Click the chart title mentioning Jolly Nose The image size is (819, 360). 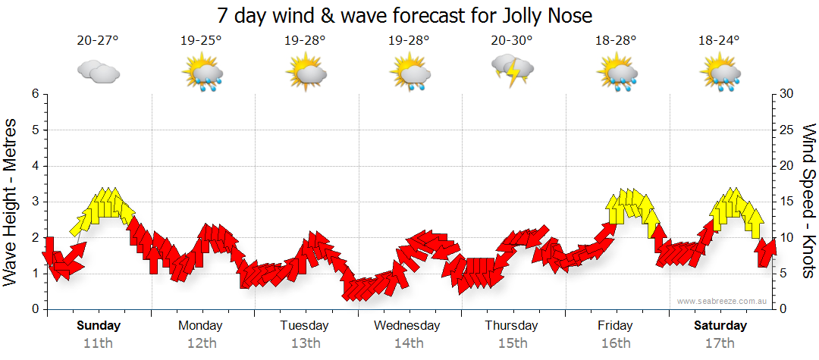pos(404,15)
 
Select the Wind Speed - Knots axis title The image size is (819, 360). pos(807,201)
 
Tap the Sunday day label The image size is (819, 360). pos(99,326)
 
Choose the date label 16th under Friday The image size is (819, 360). pos(616,343)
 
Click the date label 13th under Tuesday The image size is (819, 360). pos(305,343)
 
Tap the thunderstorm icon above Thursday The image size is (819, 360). pos(512,70)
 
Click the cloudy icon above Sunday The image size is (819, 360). pos(98,71)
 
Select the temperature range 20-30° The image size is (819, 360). pos(511,40)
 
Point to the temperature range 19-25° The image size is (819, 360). pos(201,40)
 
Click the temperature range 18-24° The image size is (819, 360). pos(719,40)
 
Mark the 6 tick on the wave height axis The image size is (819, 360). pos(35,94)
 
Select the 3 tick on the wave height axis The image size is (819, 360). pos(35,202)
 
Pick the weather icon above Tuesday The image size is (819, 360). pos(306,73)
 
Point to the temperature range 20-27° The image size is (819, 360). pos(98,40)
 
